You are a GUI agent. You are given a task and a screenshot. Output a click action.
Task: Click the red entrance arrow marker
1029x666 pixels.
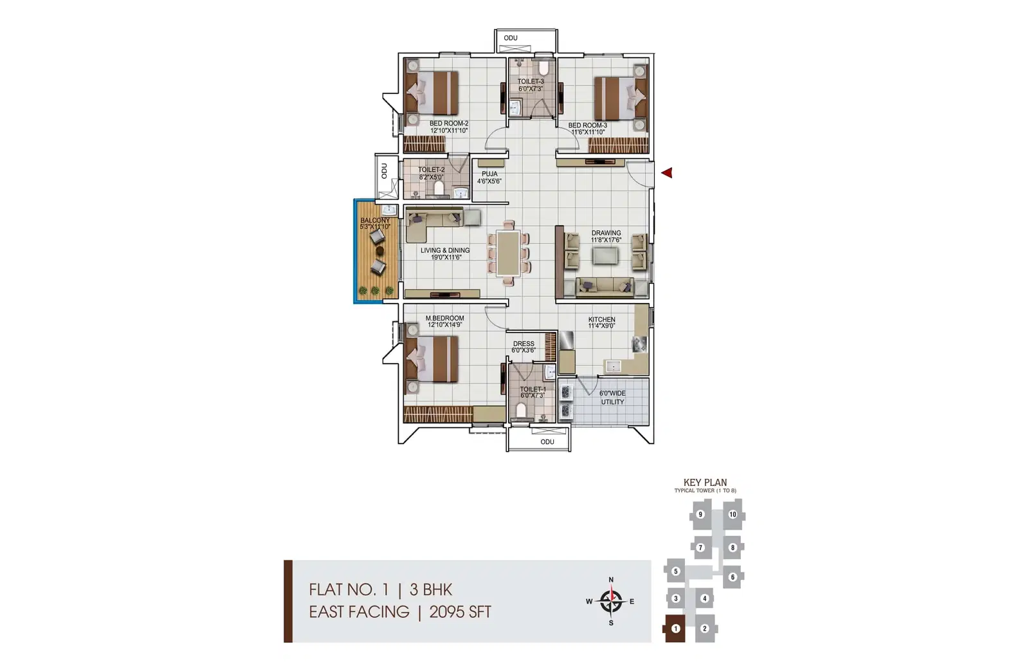(667, 173)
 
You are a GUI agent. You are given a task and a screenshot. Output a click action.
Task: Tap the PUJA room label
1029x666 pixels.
(489, 174)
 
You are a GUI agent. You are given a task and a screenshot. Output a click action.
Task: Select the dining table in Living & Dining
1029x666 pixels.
(508, 254)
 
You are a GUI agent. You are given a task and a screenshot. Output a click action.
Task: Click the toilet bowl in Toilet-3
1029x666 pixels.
(543, 68)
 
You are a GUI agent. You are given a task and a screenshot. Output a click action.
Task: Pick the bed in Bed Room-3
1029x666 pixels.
(621, 98)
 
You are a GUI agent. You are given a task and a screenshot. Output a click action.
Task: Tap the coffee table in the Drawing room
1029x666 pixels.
(605, 256)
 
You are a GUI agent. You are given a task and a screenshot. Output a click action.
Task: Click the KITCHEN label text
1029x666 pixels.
(601, 319)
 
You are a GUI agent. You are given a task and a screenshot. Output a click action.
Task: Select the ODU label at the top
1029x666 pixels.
(511, 38)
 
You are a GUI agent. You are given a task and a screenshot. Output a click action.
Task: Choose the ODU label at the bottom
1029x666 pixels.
(547, 441)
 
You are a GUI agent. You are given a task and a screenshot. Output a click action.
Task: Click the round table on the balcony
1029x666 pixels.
(380, 251)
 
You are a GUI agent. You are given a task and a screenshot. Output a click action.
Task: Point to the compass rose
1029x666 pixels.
(611, 601)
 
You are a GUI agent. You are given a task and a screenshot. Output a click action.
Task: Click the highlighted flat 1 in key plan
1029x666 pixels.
(675, 628)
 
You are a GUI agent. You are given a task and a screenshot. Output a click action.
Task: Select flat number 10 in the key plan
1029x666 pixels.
(733, 515)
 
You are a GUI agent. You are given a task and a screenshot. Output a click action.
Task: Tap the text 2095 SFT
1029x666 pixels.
(460, 612)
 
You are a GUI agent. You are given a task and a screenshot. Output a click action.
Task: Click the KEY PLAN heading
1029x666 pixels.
(705, 483)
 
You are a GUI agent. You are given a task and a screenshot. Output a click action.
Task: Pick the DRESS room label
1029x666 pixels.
(524, 344)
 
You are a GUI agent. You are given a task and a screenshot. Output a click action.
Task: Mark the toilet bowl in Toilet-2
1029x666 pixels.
(439, 187)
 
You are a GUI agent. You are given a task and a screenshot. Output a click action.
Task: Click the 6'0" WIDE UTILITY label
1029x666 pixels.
(612, 398)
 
